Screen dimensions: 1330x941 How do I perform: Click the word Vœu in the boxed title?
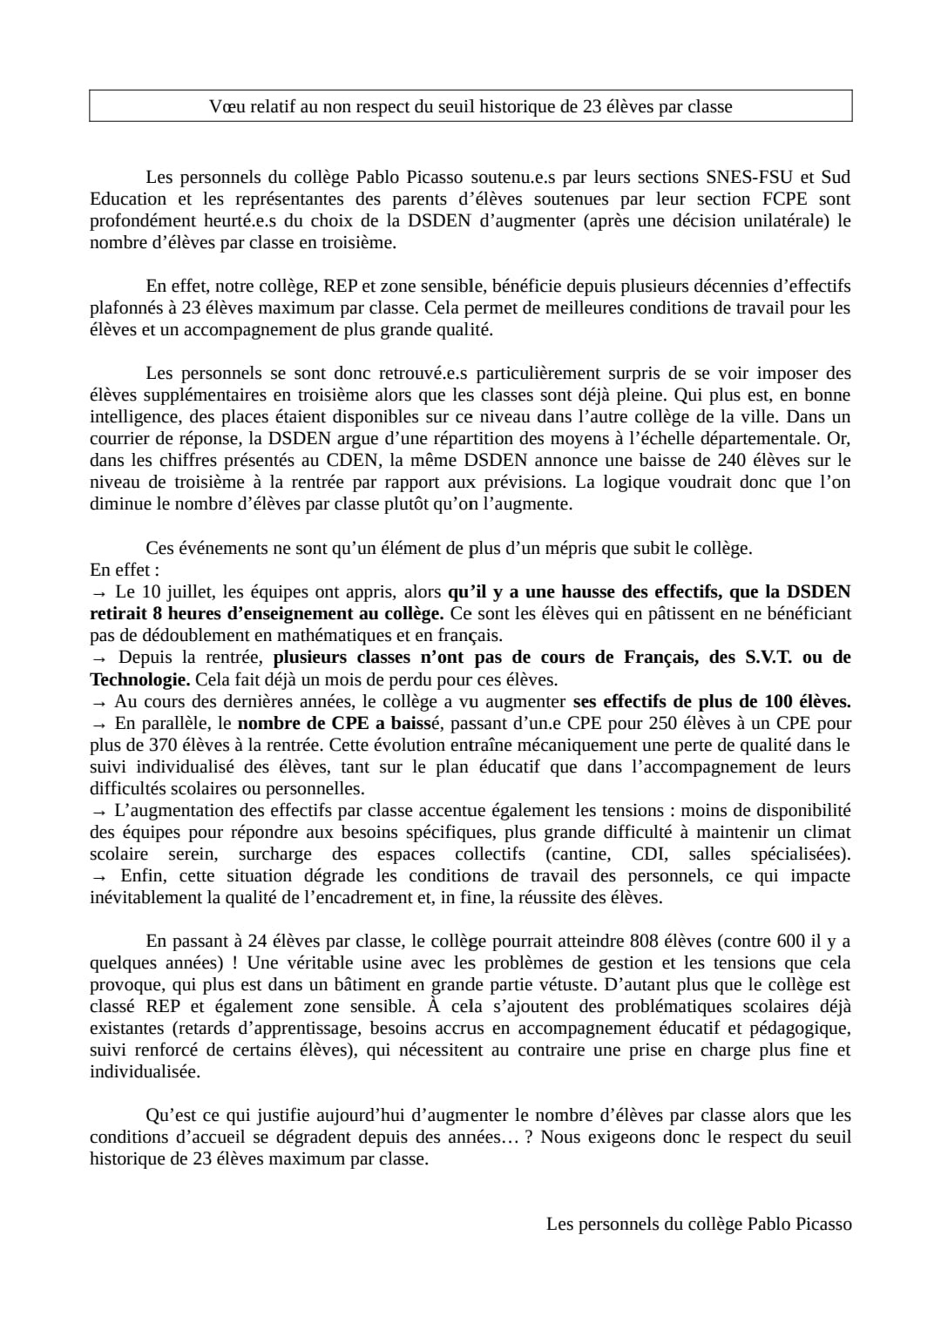[225, 106]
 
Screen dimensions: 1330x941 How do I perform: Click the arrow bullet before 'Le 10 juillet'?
[98, 592]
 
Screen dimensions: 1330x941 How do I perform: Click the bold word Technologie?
[139, 679]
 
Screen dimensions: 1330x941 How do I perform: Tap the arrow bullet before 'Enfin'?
[98, 876]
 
